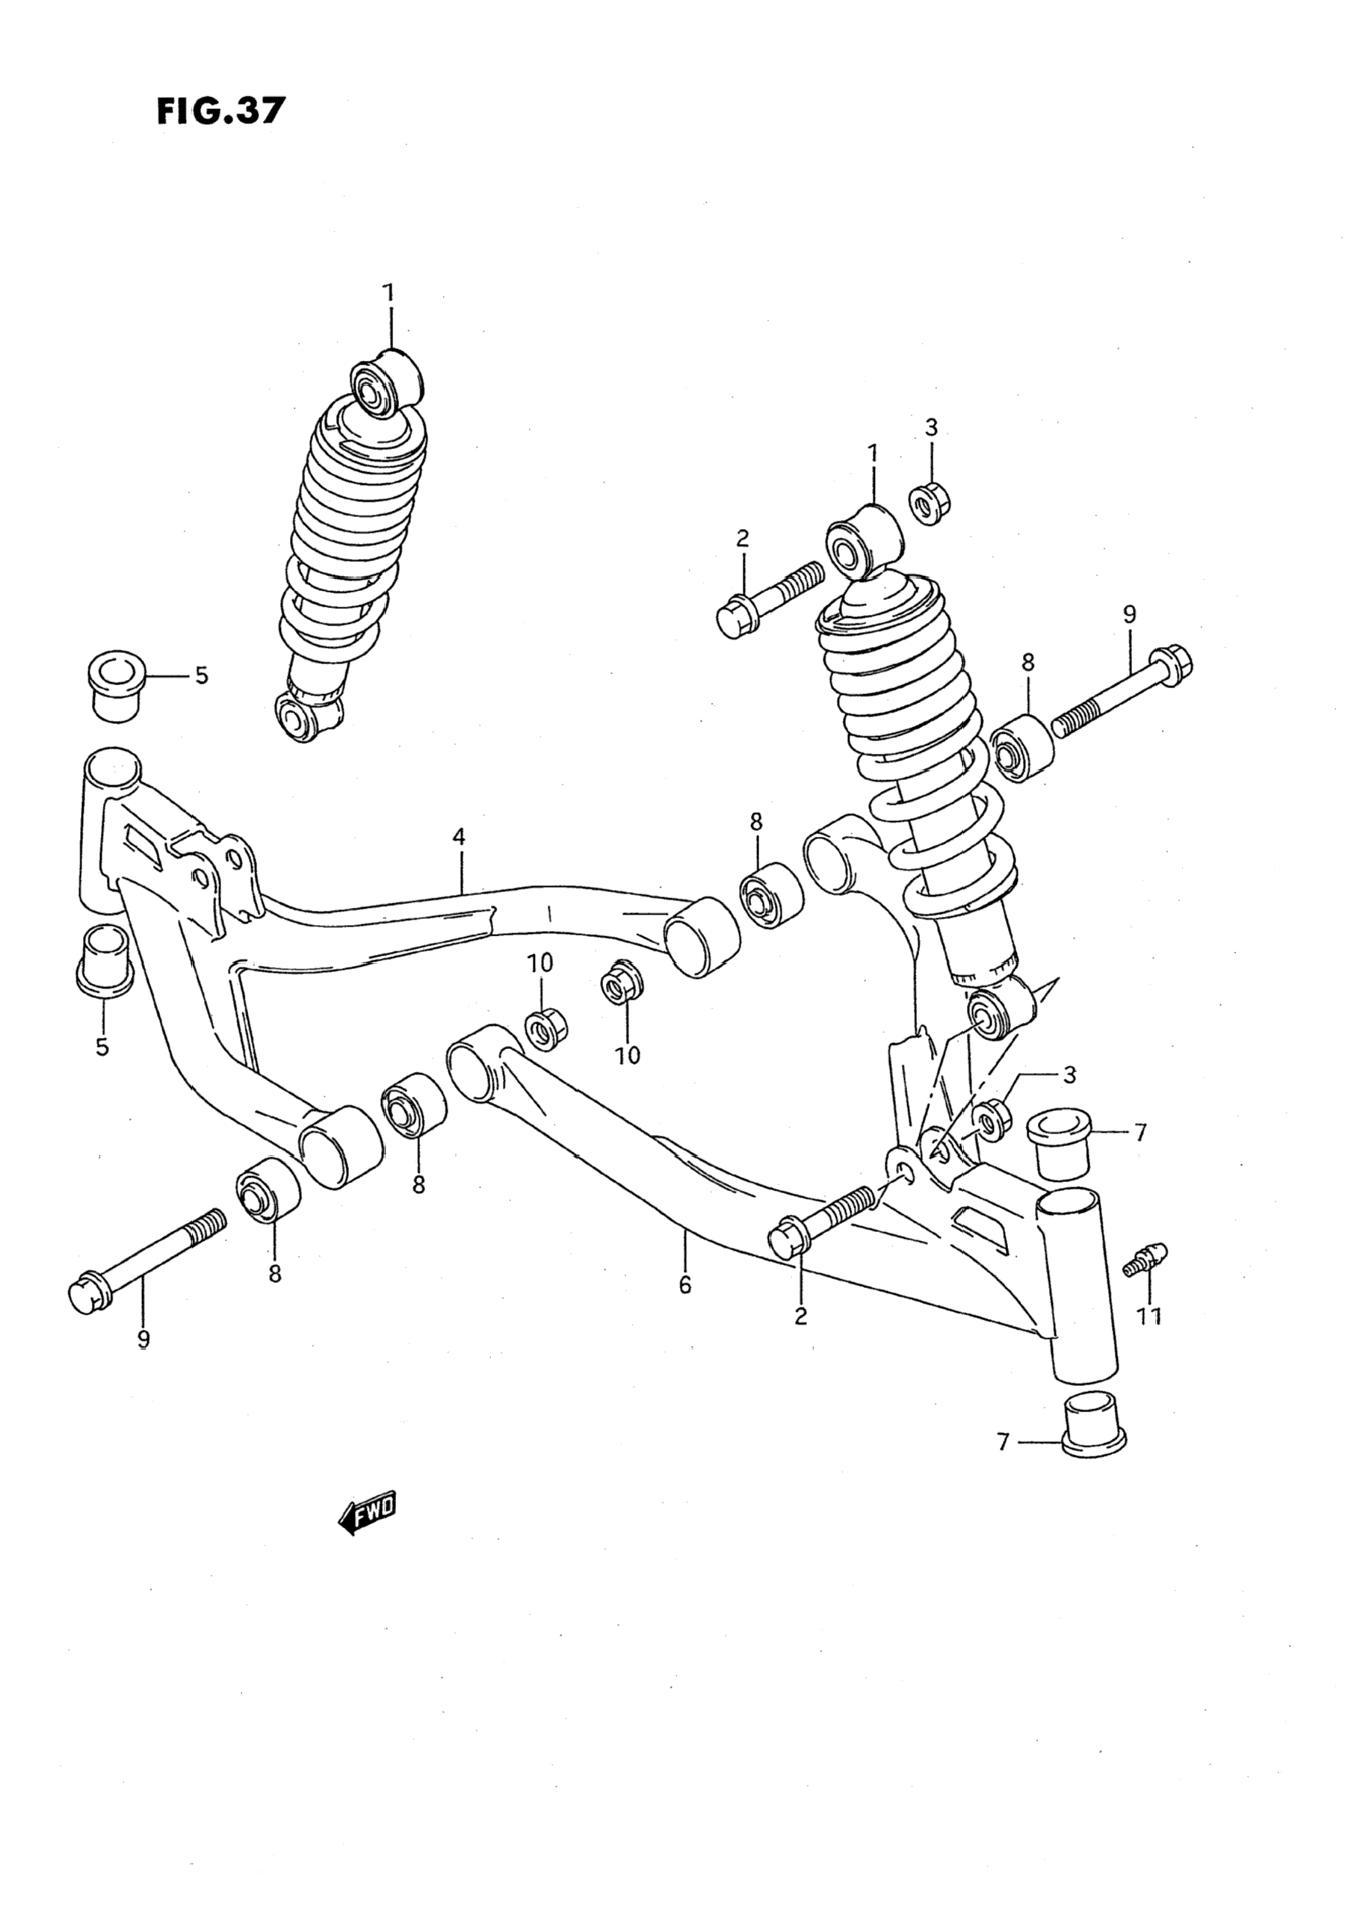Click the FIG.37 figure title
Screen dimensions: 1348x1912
click(x=220, y=111)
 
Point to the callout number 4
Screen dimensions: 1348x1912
click(x=459, y=836)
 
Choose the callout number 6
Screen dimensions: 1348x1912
click(x=684, y=1285)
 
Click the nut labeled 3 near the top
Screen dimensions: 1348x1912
click(x=931, y=504)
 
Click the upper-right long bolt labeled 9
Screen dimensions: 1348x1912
click(x=1120, y=693)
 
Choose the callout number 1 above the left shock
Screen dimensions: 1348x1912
click(x=388, y=293)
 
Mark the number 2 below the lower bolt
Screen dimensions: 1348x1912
click(x=800, y=1316)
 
